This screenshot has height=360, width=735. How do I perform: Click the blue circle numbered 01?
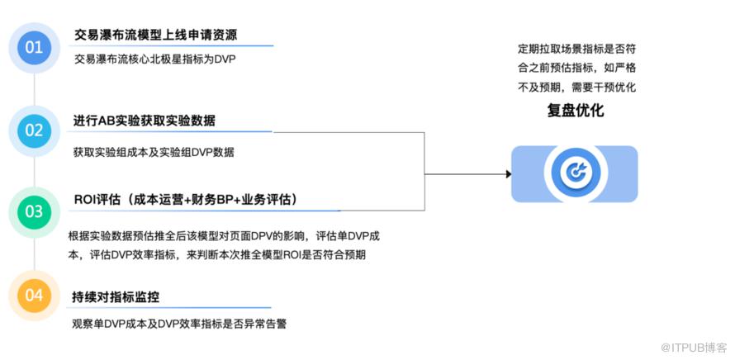click(34, 48)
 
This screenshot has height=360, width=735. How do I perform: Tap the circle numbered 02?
click(34, 130)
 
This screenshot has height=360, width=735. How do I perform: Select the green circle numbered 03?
click(34, 212)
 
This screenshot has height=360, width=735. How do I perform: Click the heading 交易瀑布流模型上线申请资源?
click(161, 35)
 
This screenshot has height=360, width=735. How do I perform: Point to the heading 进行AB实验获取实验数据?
click(145, 121)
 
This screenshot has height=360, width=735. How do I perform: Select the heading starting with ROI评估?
click(185, 200)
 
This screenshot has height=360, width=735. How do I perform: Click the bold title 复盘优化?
click(575, 110)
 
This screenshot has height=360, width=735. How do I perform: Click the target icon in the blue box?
click(575, 173)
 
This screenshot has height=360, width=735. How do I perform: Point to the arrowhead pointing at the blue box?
click(507, 174)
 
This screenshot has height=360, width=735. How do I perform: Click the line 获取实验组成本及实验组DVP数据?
click(154, 152)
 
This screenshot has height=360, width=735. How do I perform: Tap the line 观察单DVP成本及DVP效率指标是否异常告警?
click(179, 322)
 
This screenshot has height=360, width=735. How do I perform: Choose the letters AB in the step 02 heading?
click(109, 121)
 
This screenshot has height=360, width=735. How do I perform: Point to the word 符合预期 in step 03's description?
click(346, 254)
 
